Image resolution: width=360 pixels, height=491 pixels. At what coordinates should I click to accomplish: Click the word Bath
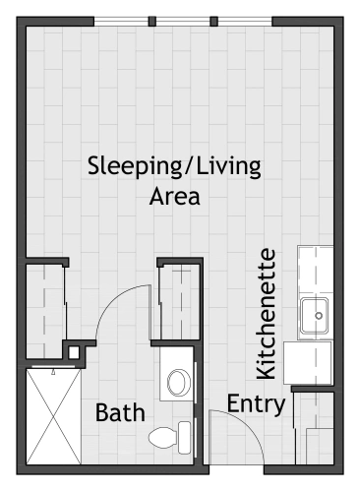point(120,412)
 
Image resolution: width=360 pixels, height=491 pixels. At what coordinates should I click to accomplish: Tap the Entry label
point(256,405)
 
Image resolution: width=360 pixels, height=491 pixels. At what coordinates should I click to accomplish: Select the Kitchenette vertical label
point(267,314)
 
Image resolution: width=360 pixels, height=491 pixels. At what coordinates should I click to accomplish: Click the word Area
point(175,196)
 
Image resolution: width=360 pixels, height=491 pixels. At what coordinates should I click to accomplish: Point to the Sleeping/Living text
point(174,167)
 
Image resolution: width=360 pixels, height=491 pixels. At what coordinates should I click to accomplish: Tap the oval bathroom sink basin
point(179,383)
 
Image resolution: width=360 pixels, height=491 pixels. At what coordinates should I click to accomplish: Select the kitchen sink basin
point(315,315)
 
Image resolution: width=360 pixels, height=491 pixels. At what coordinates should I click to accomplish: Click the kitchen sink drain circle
point(319,316)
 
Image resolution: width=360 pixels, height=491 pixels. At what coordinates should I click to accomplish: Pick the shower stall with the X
point(53,416)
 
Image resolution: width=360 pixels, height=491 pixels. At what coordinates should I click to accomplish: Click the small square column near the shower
point(74,353)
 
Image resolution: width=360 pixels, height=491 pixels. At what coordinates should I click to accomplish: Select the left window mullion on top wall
point(152,21)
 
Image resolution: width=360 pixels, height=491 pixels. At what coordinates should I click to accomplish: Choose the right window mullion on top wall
point(213,21)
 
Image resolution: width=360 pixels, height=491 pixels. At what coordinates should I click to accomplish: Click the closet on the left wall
point(45,311)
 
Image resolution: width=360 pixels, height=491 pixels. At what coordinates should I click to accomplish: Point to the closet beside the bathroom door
point(180,302)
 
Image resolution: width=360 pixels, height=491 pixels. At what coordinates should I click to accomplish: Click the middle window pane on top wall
point(183,21)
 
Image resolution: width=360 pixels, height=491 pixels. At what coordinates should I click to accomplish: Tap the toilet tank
point(185,438)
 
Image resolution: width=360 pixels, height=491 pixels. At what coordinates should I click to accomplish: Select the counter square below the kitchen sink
point(308,362)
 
